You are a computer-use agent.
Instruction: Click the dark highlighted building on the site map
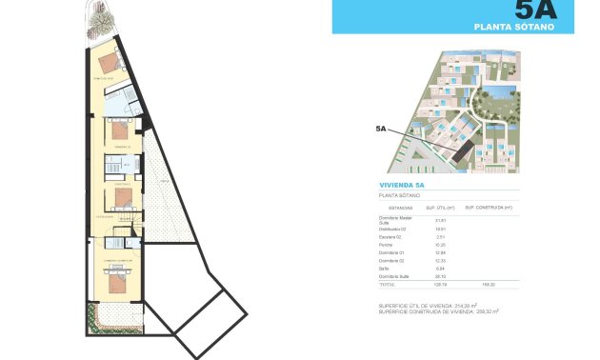point(464,144)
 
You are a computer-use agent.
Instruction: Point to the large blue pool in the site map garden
point(495,94)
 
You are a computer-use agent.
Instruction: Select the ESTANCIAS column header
point(393,207)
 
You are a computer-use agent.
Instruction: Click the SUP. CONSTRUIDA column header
point(495,207)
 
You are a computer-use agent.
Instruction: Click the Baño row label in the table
point(384,269)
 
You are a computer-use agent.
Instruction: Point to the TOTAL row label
point(387,285)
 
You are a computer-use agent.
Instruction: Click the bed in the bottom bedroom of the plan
point(113,283)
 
